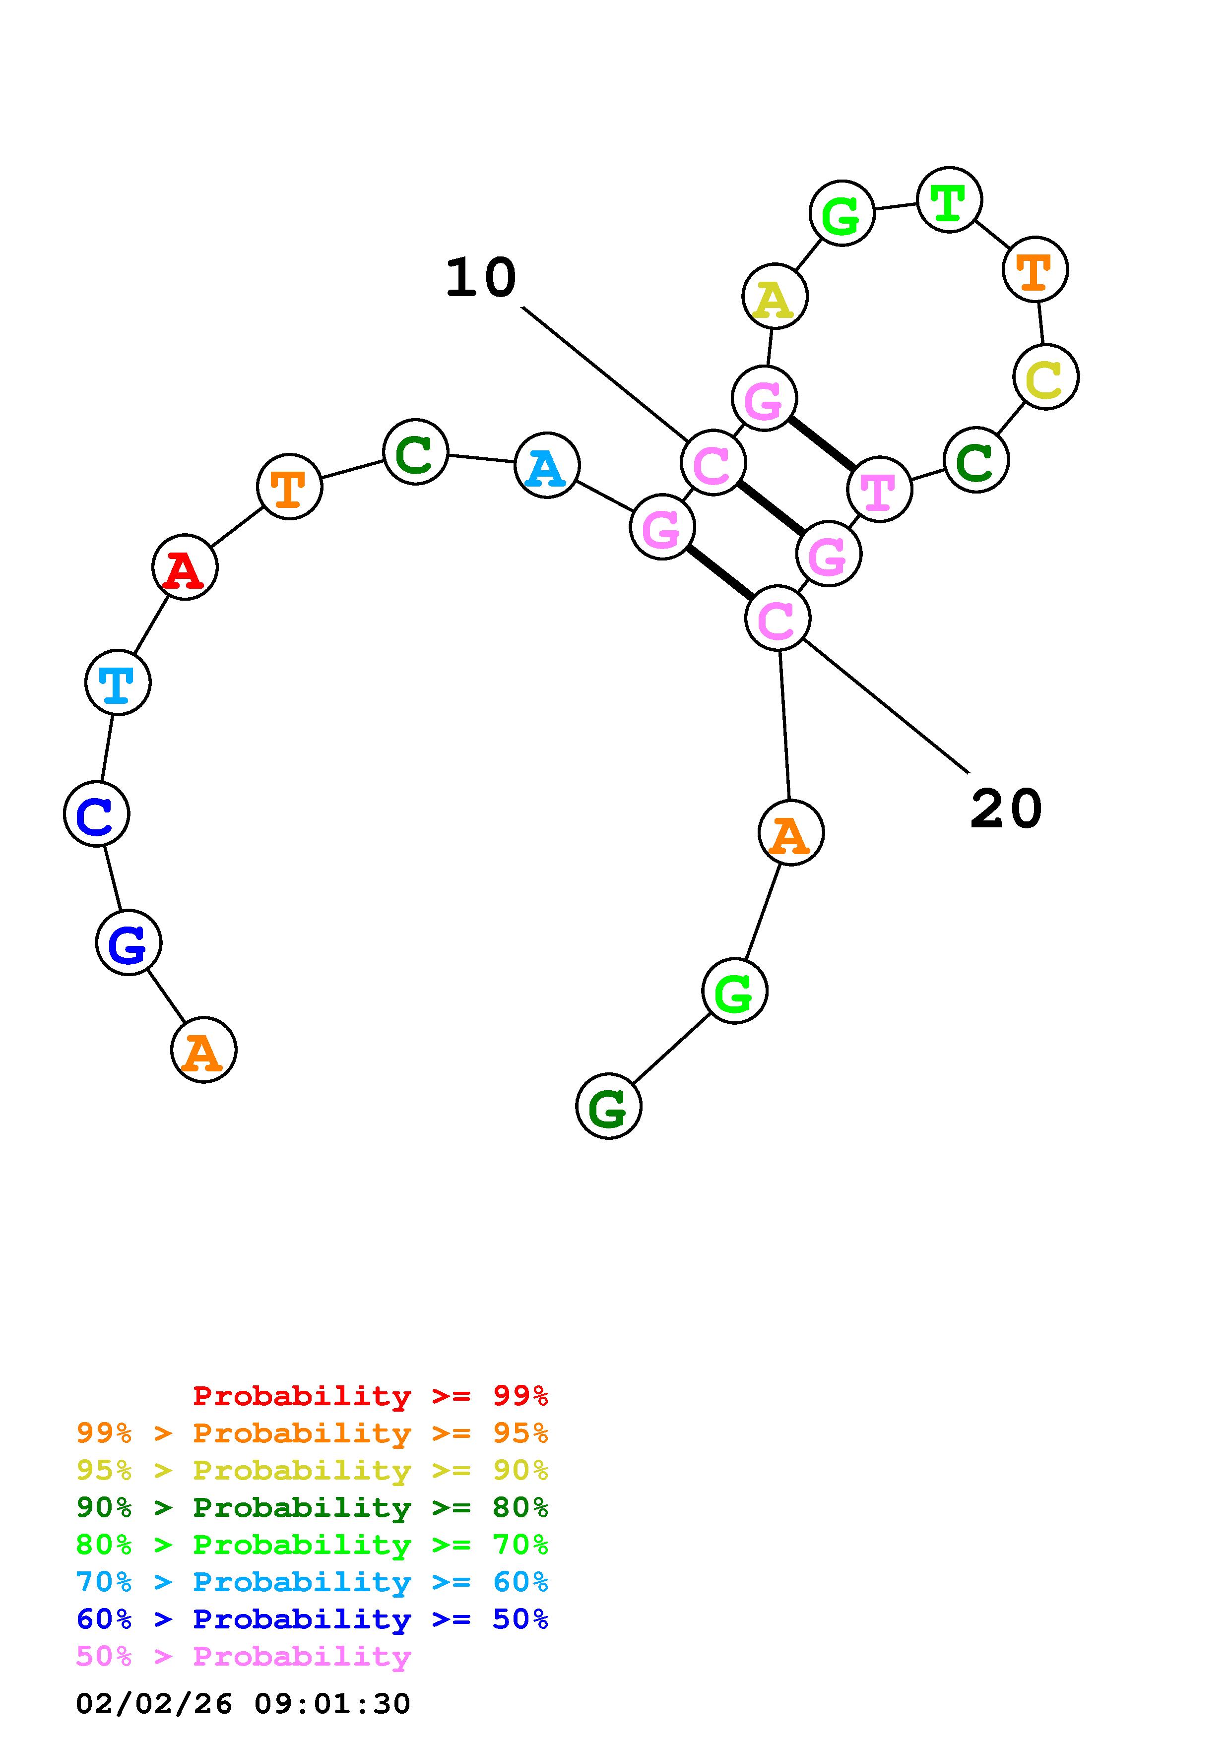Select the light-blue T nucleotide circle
(x=118, y=682)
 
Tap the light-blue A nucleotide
(x=546, y=465)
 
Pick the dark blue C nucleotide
(x=96, y=814)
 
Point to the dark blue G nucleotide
(x=128, y=943)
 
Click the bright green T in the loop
(x=949, y=200)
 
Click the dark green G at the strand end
(x=609, y=1107)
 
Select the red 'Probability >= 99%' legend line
(x=371, y=1396)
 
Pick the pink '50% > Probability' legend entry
(x=243, y=1657)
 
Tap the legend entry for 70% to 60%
(x=312, y=1582)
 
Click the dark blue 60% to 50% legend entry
(x=312, y=1619)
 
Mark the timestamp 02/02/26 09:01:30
(x=243, y=1704)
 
